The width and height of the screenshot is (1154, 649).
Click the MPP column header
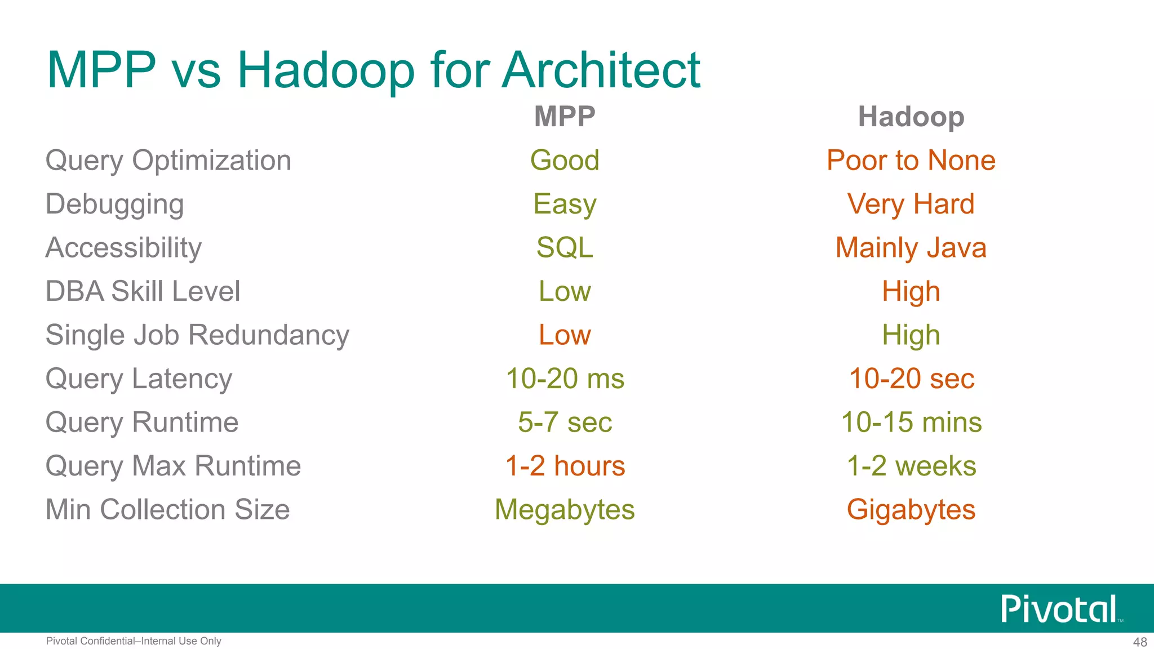(565, 117)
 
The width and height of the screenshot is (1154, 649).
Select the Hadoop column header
(911, 117)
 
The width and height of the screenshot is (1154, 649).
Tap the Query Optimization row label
(168, 161)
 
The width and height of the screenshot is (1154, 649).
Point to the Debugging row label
(115, 205)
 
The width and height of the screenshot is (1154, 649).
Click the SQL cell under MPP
(565, 248)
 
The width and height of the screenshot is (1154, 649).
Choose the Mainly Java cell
(911, 248)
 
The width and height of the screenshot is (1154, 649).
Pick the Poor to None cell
(911, 161)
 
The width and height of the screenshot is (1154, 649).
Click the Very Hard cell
(911, 204)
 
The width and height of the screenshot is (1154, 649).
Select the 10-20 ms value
(565, 379)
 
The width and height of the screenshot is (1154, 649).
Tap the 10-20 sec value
(911, 379)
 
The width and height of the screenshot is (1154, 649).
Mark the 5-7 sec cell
(565, 423)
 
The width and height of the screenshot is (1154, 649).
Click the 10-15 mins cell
(911, 423)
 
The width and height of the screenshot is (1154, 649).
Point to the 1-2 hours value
(565, 466)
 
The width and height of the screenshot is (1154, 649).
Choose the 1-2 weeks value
(911, 466)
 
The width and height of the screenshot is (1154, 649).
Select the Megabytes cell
(565, 510)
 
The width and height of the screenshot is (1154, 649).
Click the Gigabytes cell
(911, 510)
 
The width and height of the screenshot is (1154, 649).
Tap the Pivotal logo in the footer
(1059, 609)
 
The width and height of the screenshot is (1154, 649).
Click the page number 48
(1140, 642)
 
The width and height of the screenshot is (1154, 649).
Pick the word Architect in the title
(601, 70)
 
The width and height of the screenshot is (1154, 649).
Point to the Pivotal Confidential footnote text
(134, 641)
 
